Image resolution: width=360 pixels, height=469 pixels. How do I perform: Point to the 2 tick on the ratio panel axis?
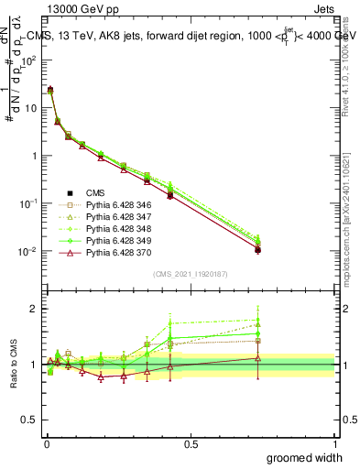[34, 309]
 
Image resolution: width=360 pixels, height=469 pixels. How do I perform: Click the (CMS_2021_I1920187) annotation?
[191, 275]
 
